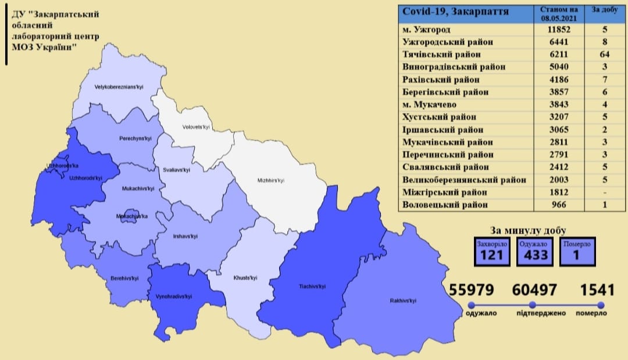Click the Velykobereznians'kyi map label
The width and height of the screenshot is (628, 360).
click(x=119, y=88)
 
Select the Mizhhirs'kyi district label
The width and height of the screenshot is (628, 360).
click(x=270, y=180)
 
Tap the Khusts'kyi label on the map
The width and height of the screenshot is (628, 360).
click(x=244, y=278)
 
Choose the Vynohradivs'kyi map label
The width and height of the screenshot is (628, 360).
click(x=174, y=297)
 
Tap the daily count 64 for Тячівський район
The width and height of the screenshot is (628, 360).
click(x=605, y=55)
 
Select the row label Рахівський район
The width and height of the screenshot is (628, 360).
click(x=441, y=80)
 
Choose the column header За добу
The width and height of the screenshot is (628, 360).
click(x=605, y=10)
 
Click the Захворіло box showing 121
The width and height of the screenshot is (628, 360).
click(x=491, y=251)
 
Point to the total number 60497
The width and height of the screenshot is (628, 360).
click(x=534, y=290)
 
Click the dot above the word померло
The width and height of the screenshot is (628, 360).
click(x=600, y=305)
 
